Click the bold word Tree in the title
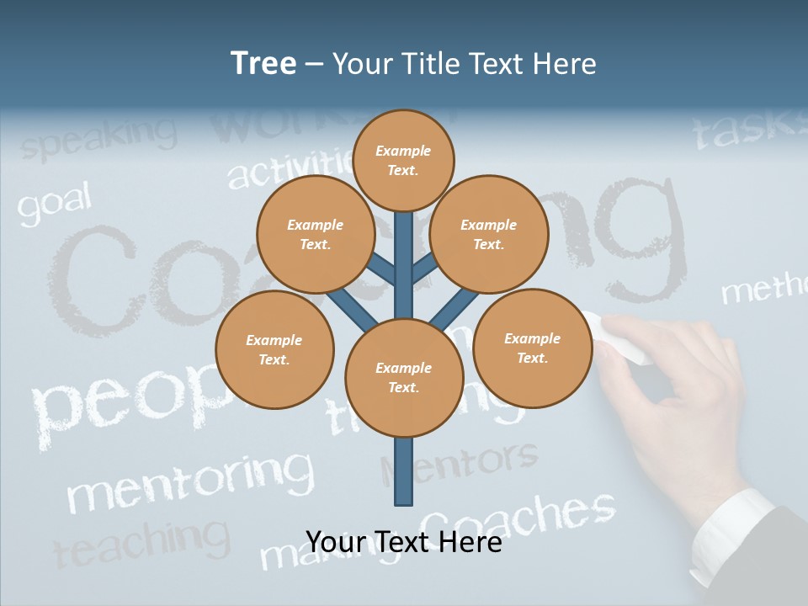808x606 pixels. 263,63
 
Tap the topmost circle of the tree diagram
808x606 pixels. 403,160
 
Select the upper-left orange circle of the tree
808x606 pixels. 316,234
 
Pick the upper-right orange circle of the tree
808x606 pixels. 489,234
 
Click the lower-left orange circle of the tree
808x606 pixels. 274,349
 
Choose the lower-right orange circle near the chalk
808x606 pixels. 532,348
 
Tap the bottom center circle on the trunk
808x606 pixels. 403,377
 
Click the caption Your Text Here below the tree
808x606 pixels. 403,542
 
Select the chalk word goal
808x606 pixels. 54,205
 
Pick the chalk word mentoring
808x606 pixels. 189,481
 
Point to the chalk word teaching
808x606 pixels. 141,543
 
